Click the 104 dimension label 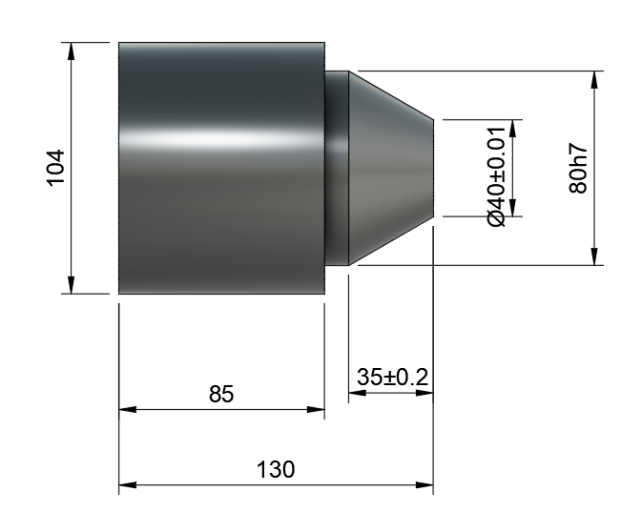56,168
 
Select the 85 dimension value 221,394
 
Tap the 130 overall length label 275,469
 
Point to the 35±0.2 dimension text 392,377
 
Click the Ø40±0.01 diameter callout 497,176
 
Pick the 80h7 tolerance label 578,168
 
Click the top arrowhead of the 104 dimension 72,51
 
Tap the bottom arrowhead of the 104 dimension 72,285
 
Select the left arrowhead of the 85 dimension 128,409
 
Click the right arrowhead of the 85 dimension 316,409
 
